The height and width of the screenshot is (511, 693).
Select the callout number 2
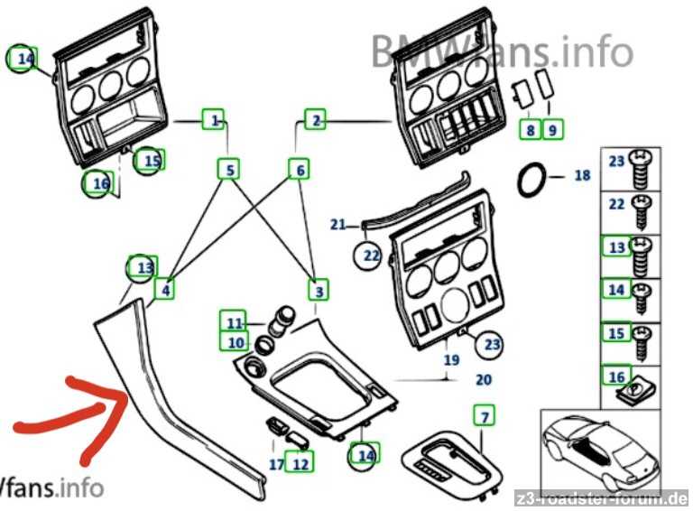[314, 119]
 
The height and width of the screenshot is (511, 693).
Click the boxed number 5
[230, 169]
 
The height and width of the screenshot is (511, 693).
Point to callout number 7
[485, 416]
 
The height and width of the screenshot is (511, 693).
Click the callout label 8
[531, 130]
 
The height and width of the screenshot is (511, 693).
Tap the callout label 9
[552, 130]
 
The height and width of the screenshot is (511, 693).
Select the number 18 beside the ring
[582, 175]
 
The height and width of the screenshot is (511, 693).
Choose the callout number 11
[234, 322]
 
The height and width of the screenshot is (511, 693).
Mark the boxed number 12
[300, 464]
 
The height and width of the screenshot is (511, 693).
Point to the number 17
[275, 465]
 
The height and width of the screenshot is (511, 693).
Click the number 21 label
[337, 225]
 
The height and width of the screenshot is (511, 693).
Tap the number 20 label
[484, 380]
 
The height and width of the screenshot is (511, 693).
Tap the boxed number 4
[165, 290]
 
